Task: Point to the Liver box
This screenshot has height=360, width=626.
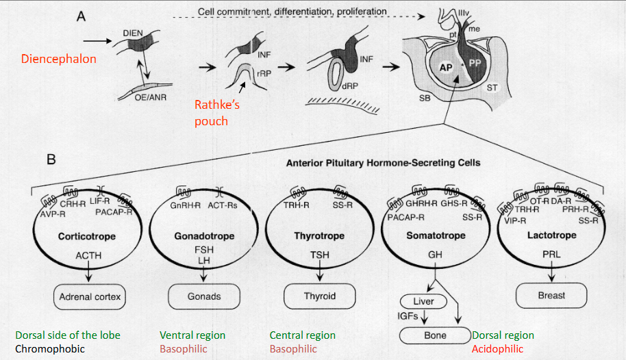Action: tap(428, 301)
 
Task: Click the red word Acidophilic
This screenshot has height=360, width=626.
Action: tap(497, 349)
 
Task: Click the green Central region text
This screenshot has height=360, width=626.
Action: tap(303, 335)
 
